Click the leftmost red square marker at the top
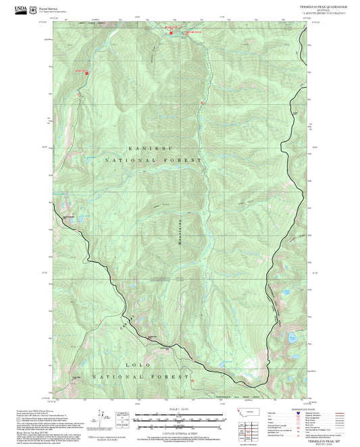pos(168,30)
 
